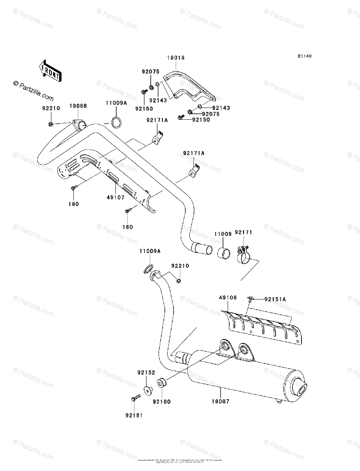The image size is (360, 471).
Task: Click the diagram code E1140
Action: pos(304,57)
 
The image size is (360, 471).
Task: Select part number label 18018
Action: pos(175,58)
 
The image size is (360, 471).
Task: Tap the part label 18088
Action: pos(79,106)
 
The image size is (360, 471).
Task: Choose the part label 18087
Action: pos(221,402)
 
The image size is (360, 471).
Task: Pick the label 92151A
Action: pos(275,299)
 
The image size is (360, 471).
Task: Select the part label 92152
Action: pos(146,372)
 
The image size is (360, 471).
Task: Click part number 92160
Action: pos(162,402)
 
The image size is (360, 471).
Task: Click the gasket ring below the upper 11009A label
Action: pos(116,122)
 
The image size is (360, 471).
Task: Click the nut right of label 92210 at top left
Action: pos(51,124)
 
